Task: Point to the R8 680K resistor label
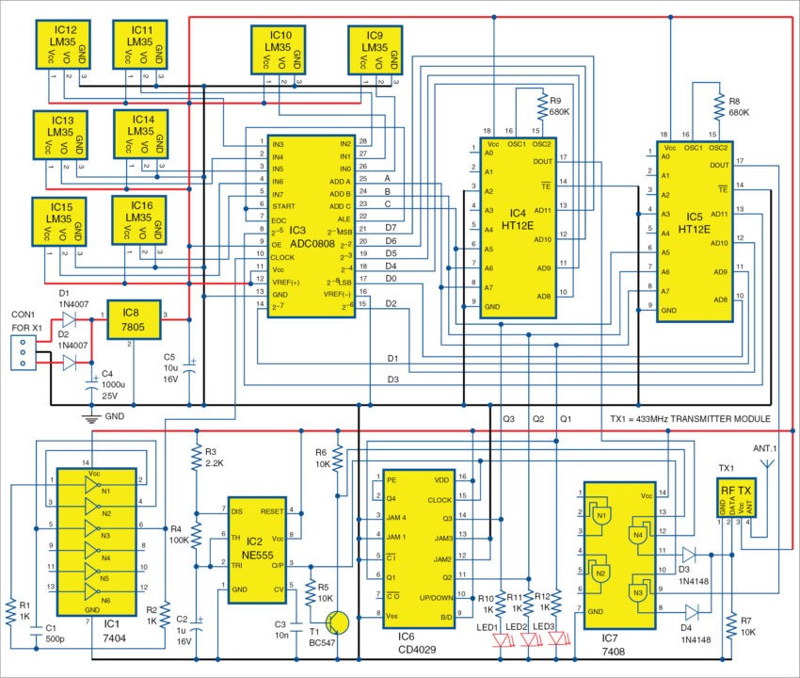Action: pyautogui.click(x=737, y=105)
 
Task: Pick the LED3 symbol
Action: pyautogui.click(x=561, y=639)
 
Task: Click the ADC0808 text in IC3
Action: pyautogui.click(x=313, y=243)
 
